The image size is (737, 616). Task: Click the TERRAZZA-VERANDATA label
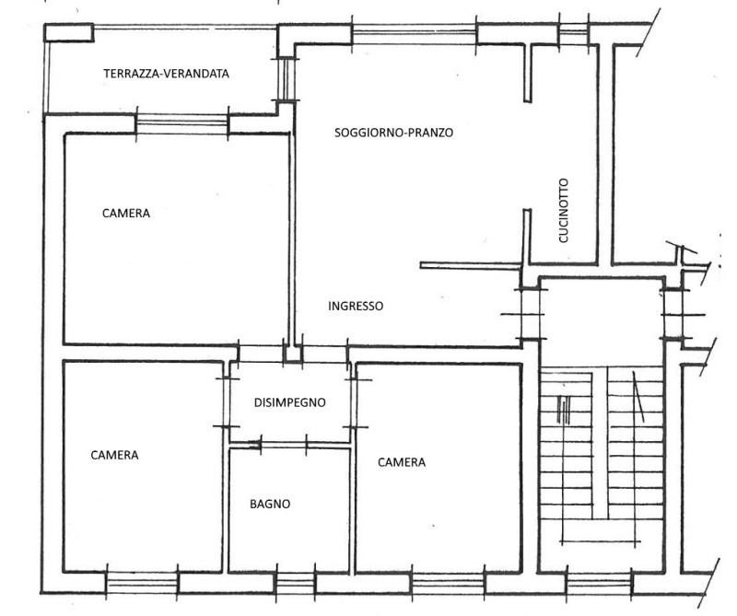click(x=167, y=74)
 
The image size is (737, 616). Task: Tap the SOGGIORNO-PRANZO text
click(x=394, y=133)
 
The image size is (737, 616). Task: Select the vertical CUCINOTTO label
click(x=564, y=210)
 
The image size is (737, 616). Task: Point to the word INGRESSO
click(x=356, y=306)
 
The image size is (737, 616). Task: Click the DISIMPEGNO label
click(x=289, y=402)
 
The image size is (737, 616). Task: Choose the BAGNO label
click(x=270, y=505)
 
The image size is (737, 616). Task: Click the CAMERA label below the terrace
click(x=126, y=214)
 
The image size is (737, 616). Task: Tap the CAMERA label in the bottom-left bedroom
click(x=114, y=455)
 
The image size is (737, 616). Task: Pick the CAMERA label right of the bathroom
click(x=402, y=462)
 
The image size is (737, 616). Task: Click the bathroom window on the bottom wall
click(x=296, y=583)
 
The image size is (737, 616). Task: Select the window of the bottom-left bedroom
click(x=143, y=583)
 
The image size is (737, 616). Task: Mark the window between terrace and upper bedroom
click(x=181, y=123)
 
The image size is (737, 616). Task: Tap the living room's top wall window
click(x=414, y=34)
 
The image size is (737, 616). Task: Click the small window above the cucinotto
click(x=573, y=34)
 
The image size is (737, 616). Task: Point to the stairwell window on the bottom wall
click(x=600, y=583)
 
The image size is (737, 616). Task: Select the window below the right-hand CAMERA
click(x=448, y=583)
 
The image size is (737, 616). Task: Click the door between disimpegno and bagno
click(x=284, y=443)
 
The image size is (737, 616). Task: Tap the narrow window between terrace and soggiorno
click(x=287, y=79)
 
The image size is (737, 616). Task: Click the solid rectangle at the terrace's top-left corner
click(x=68, y=33)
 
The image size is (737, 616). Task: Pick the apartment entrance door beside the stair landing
click(x=531, y=314)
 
